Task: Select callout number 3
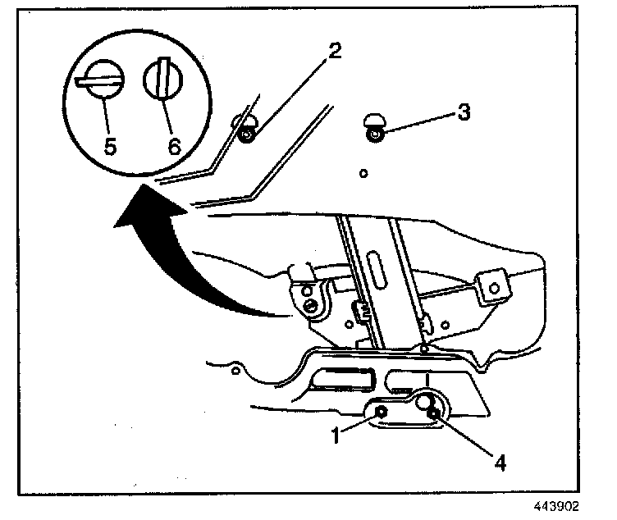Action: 463,112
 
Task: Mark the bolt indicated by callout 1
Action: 382,410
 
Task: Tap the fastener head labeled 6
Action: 162,81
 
